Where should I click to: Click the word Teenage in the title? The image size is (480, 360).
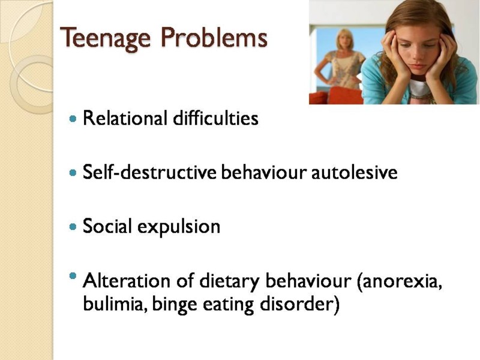(106, 38)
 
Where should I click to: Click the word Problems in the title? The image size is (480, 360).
(214, 37)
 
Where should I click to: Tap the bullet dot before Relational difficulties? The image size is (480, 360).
(73, 119)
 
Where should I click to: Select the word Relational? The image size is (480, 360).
(125, 118)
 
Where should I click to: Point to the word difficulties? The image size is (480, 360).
(216, 118)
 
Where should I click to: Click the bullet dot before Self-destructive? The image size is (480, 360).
(73, 173)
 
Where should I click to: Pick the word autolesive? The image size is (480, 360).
(355, 172)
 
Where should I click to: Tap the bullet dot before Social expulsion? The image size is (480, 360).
(73, 227)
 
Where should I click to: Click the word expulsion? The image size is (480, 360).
(179, 227)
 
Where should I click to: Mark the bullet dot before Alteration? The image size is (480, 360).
(73, 276)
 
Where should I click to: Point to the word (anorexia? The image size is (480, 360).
(400, 281)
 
